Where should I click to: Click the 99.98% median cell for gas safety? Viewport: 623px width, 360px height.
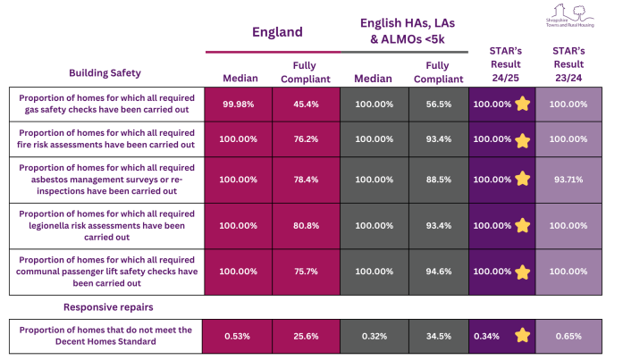[x=239, y=104]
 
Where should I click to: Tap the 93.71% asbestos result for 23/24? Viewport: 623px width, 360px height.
[x=568, y=179]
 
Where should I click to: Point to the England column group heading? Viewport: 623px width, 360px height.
[x=274, y=32]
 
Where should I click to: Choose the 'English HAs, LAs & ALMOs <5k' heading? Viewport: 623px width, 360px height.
[x=404, y=32]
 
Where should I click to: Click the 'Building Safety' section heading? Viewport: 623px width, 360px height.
[x=105, y=72]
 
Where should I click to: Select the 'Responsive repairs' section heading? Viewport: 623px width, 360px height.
[x=105, y=307]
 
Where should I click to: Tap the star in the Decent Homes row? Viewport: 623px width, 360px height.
[x=521, y=336]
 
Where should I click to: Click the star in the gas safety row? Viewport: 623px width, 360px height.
[x=521, y=104]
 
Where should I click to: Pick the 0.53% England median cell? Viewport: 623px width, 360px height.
[x=239, y=336]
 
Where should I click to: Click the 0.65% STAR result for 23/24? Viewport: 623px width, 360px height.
[x=568, y=336]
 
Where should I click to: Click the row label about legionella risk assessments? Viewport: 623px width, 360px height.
[x=105, y=226]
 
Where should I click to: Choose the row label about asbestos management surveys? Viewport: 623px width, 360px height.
[x=105, y=179]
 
